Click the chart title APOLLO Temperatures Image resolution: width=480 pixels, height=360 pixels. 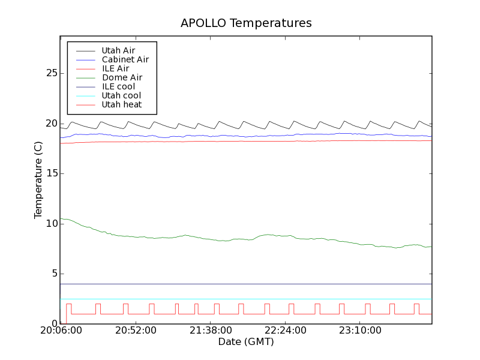pos(246,23)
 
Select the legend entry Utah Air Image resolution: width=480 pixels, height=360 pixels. pos(118,50)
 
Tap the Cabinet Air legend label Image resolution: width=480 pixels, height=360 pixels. pos(125,59)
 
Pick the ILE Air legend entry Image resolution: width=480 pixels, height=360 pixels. pos(115,68)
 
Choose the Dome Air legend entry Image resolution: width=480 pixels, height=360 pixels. pos(122,77)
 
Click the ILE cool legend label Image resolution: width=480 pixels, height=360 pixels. pos(118,86)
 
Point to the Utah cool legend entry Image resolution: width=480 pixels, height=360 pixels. pos(121,95)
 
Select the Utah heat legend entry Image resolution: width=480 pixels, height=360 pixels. pos(121,104)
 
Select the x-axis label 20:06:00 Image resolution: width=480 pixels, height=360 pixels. pos(60,331)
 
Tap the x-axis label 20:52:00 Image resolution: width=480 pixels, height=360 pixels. pos(136,331)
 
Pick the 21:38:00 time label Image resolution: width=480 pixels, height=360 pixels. pos(211,331)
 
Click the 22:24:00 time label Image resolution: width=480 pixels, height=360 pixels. pos(285,331)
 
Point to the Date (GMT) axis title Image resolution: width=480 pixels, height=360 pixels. pos(246,342)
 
